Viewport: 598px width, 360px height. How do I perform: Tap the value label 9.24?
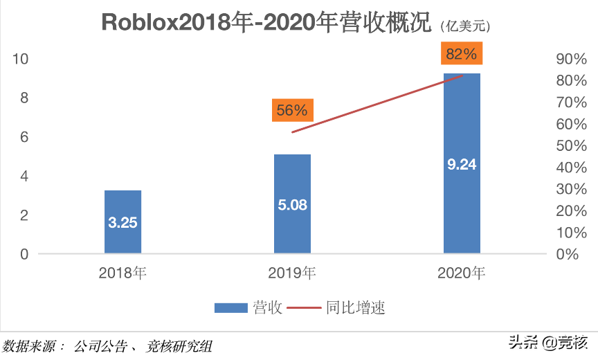point(462,165)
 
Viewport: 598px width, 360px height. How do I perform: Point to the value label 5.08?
point(292,205)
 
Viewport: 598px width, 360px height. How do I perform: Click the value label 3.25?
point(123,223)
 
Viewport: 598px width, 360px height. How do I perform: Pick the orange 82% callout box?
point(462,54)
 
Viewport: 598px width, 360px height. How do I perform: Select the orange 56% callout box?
point(292,110)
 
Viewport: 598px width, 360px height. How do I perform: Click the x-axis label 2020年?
point(462,273)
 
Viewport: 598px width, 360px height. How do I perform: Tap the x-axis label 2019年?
point(292,273)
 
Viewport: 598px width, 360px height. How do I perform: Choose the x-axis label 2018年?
point(123,273)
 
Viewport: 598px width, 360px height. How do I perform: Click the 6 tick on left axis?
point(24,137)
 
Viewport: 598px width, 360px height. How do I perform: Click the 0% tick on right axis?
point(567,255)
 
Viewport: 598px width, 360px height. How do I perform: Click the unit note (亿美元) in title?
point(464,26)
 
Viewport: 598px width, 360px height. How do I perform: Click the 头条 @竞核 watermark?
point(547,342)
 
